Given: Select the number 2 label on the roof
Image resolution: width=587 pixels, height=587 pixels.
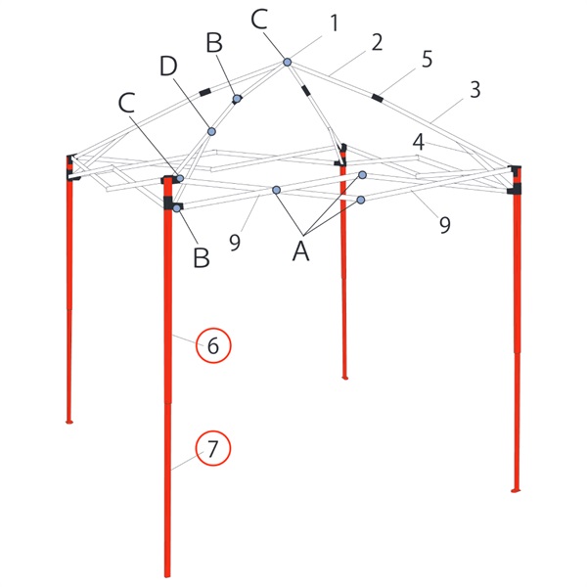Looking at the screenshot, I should pyautogui.click(x=376, y=43).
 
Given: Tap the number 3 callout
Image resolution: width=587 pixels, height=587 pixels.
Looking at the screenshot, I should pyautogui.click(x=474, y=90).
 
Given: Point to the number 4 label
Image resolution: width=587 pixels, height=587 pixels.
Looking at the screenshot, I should pyautogui.click(x=418, y=142).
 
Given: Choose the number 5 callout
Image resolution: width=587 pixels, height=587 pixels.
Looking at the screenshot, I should pyautogui.click(x=427, y=59).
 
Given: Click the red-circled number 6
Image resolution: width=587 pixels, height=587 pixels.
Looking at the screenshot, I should pyautogui.click(x=214, y=345).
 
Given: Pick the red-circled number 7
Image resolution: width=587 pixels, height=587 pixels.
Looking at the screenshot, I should pyautogui.click(x=214, y=449).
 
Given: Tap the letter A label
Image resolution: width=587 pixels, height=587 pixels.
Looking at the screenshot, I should pyautogui.click(x=302, y=251).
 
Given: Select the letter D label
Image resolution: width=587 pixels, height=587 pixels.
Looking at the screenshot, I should pyautogui.click(x=169, y=68).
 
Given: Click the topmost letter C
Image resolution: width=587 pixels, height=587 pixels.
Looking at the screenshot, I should pyautogui.click(x=259, y=19).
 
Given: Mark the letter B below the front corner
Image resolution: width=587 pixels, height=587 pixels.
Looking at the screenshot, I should pyautogui.click(x=202, y=258).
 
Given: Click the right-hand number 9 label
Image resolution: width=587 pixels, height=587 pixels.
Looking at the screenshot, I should pyautogui.click(x=444, y=225).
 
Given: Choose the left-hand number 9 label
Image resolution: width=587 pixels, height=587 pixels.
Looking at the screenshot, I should pyautogui.click(x=235, y=242).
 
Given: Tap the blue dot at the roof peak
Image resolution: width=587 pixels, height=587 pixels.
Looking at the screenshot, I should pyautogui.click(x=288, y=63).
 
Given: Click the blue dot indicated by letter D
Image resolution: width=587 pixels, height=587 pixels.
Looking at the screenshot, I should pyautogui.click(x=210, y=131).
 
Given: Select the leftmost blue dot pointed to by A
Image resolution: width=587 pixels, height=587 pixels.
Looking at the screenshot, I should pyautogui.click(x=277, y=189).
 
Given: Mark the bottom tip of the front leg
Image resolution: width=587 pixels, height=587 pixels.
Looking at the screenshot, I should pyautogui.click(x=167, y=575).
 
